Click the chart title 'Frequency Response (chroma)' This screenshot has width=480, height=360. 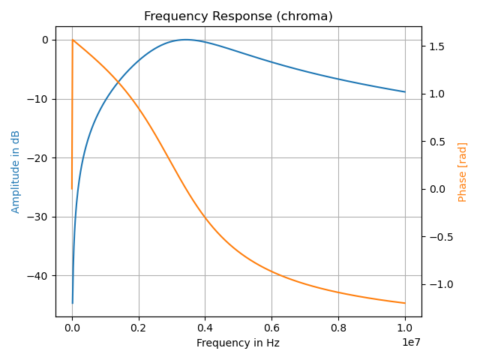point(238,16)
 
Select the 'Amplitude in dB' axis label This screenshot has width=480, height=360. point(16,172)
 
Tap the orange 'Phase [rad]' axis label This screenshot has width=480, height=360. point(463,172)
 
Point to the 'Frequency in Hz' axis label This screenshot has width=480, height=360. point(238,343)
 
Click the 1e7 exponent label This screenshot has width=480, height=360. point(411,343)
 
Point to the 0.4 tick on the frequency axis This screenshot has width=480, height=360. point(205,327)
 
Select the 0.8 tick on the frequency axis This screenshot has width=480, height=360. point(338,327)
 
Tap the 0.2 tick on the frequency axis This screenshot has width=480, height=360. point(139,327)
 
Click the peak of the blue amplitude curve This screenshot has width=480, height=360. point(185,40)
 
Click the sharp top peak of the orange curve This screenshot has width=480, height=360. point(73,40)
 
